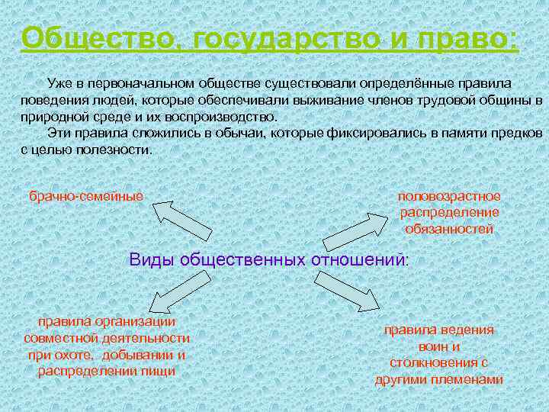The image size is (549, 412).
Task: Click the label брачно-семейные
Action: (x=86, y=196)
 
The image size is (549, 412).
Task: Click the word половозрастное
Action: (x=449, y=196)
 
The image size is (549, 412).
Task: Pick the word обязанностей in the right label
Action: (x=449, y=228)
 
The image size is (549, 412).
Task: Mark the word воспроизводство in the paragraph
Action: (x=222, y=117)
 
